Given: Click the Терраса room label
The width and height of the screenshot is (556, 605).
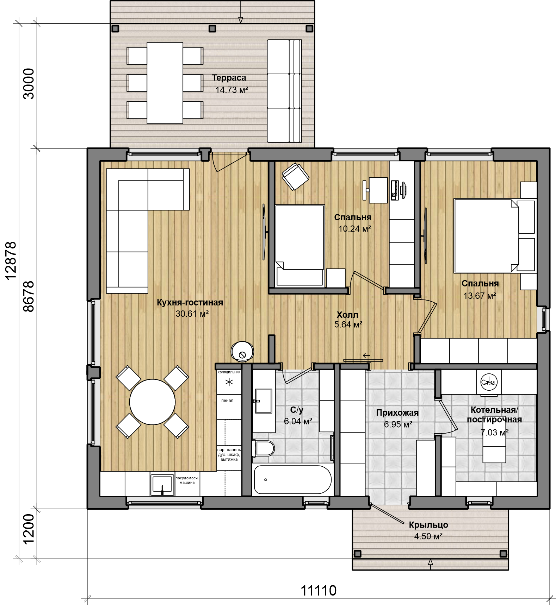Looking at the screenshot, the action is (x=229, y=78).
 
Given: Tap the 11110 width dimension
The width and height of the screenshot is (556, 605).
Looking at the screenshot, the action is (x=319, y=591).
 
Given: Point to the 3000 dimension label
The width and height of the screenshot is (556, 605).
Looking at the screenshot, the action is (x=29, y=84).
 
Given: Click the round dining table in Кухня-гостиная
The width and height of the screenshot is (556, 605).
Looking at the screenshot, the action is (x=152, y=402).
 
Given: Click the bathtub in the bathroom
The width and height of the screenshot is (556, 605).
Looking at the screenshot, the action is (x=292, y=479).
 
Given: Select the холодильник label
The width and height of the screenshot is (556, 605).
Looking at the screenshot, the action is (x=229, y=372).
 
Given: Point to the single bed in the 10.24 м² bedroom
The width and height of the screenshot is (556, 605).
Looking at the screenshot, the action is (x=299, y=245).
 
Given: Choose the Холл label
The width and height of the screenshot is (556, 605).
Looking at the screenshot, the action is (x=347, y=315).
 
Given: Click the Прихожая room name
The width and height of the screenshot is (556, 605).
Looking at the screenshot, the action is (x=397, y=413).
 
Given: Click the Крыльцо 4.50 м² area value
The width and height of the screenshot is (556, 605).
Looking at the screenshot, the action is (x=428, y=536).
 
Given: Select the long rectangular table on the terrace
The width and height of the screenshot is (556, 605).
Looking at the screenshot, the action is (x=165, y=83).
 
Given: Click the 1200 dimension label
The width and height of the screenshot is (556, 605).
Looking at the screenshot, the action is (x=29, y=529).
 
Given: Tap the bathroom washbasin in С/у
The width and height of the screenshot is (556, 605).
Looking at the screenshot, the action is (x=263, y=401).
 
